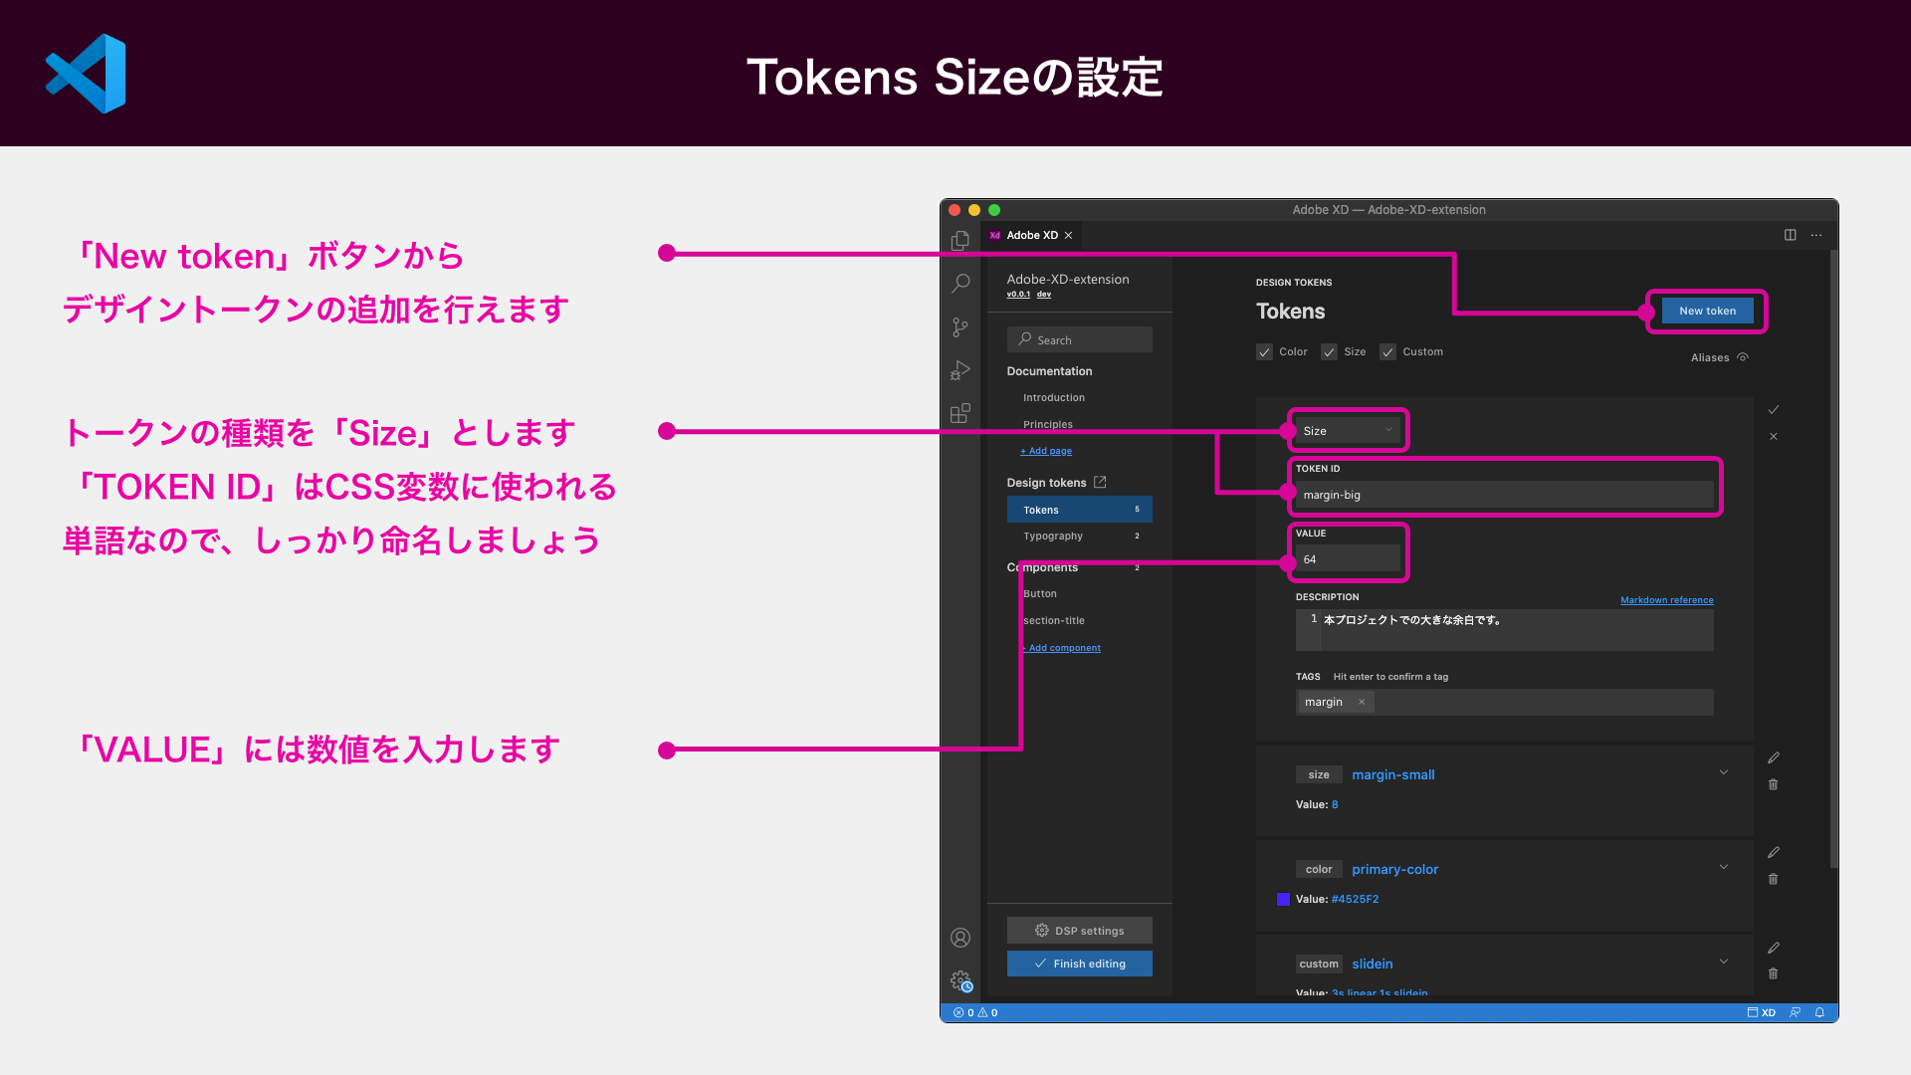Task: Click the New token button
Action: point(1707,312)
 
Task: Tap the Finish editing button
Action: point(1079,964)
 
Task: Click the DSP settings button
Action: point(1079,931)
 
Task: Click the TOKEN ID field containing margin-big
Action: point(1504,495)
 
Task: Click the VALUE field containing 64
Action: point(1348,559)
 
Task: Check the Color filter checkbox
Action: point(1264,352)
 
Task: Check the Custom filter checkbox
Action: point(1387,352)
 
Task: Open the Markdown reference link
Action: point(1667,600)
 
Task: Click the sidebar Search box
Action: point(1079,339)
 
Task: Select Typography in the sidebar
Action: point(1053,537)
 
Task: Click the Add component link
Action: point(1063,648)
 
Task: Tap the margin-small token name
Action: point(1393,775)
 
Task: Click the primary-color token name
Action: point(1395,870)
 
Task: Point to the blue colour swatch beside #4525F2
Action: point(1283,900)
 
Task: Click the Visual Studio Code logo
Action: point(86,74)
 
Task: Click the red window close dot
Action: point(955,210)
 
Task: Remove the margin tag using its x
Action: point(1362,702)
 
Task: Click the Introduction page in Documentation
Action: point(1054,398)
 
